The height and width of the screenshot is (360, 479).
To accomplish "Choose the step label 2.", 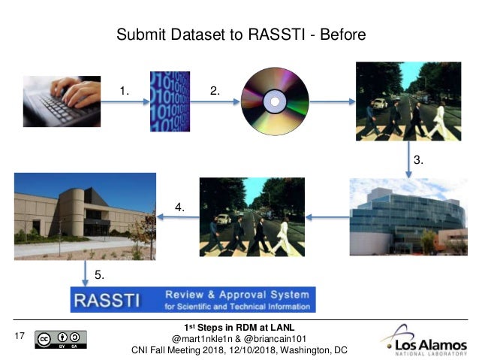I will click(x=215, y=91).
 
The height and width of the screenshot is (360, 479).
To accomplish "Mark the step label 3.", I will click(x=420, y=161).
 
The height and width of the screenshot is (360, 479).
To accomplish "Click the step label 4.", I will click(x=180, y=205).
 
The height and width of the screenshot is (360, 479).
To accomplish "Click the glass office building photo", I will click(x=408, y=216).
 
